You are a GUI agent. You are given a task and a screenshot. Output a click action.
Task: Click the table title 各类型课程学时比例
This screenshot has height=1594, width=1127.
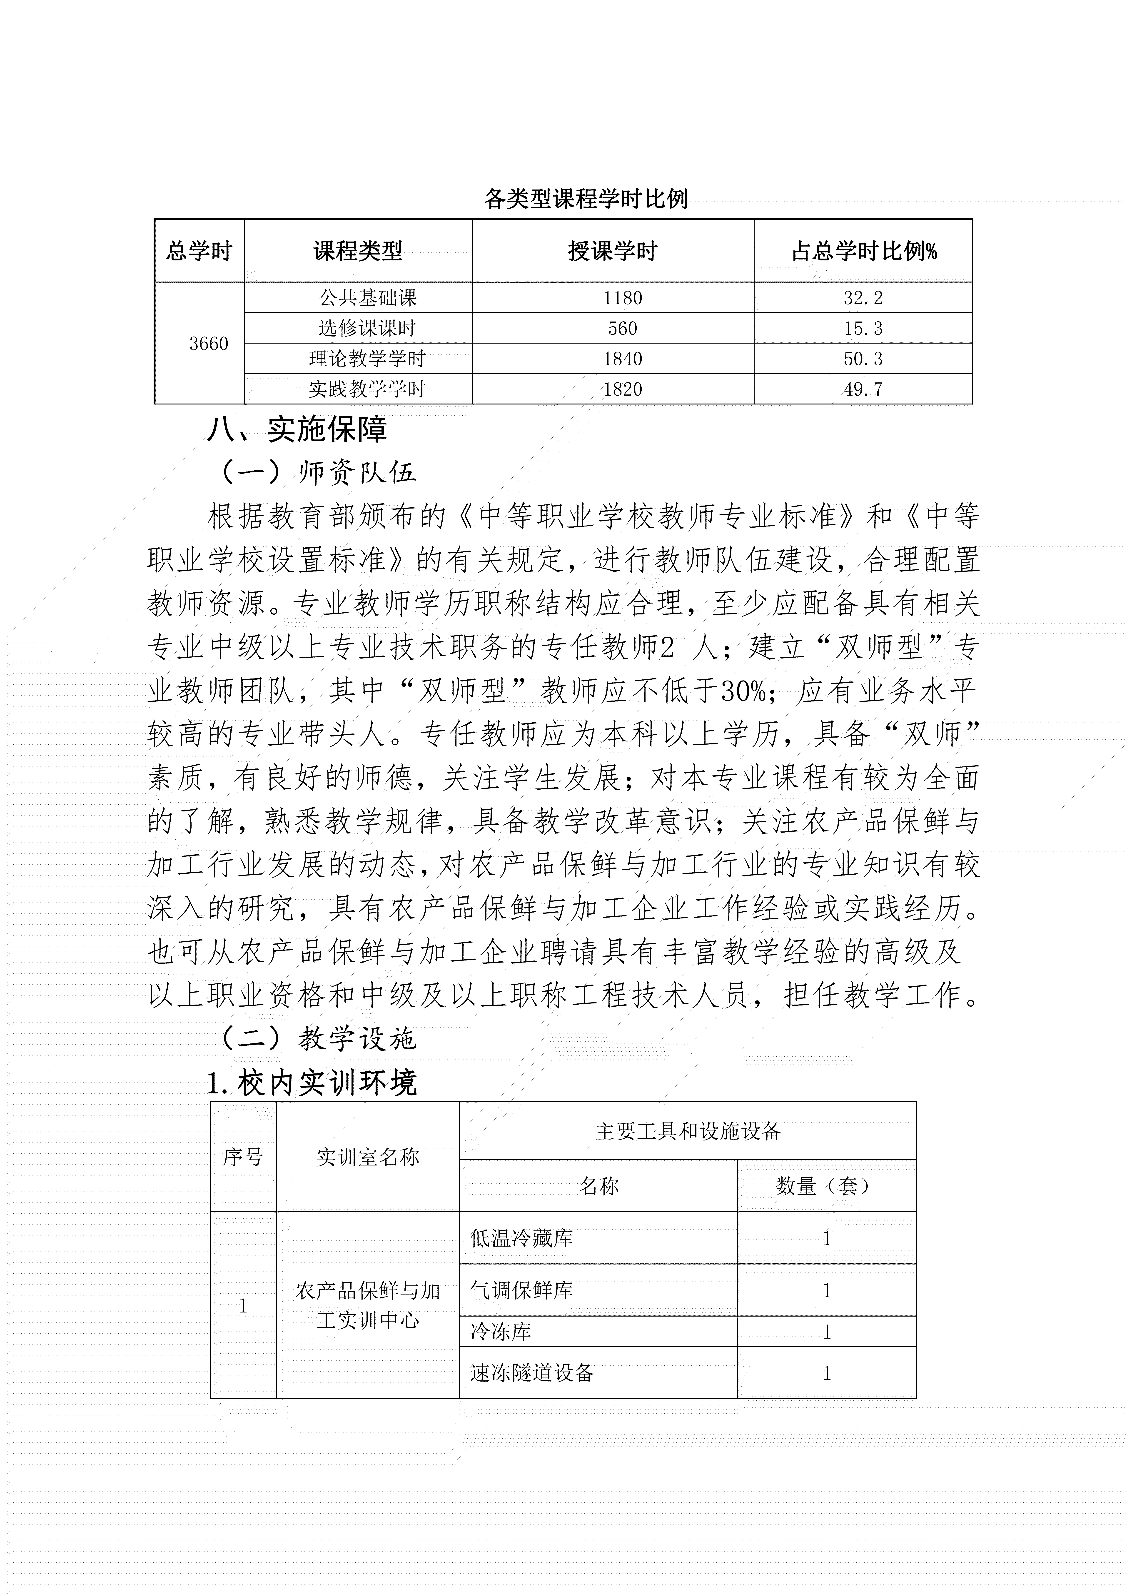pyautogui.click(x=585, y=199)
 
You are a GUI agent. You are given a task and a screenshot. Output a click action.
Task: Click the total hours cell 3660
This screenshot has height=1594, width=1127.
pyautogui.click(x=208, y=344)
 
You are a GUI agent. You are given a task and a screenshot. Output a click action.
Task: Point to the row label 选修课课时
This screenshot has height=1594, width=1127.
pyautogui.click(x=367, y=328)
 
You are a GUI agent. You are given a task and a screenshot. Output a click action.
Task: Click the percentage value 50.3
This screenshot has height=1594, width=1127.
pyautogui.click(x=863, y=359)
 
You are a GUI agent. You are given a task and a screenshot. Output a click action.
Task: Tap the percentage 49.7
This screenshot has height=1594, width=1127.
pyautogui.click(x=863, y=389)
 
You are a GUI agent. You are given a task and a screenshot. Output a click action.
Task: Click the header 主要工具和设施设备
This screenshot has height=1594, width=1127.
pyautogui.click(x=688, y=1132)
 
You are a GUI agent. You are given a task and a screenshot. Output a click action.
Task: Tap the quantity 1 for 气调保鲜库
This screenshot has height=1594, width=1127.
pyautogui.click(x=826, y=1291)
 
